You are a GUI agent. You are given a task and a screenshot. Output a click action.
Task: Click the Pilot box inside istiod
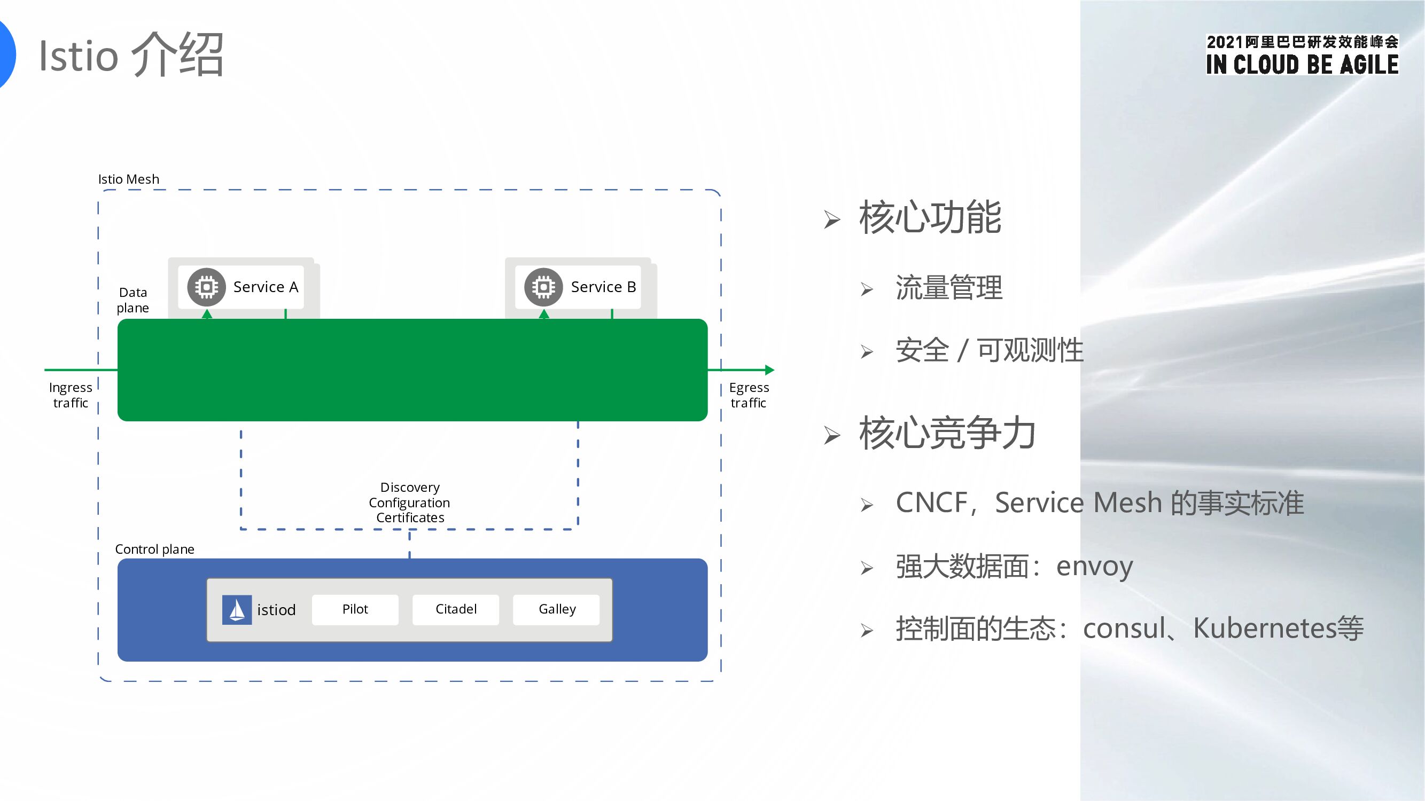point(355,609)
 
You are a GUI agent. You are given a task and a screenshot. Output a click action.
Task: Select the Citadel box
point(455,609)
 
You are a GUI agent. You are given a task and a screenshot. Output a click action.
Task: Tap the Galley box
point(556,609)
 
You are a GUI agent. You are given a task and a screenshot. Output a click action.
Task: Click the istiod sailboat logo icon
point(237,610)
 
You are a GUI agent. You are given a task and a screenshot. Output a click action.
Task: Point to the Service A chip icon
point(206,287)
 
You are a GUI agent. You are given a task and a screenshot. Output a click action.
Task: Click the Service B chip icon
point(543,287)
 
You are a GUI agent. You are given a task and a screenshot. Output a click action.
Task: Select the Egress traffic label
point(749,395)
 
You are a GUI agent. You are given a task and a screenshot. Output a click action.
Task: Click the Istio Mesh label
point(128,179)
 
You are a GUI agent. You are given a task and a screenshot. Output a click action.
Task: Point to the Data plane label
point(133,300)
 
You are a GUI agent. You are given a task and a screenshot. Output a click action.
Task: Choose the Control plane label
point(154,549)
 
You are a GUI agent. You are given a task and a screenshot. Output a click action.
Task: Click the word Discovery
point(410,488)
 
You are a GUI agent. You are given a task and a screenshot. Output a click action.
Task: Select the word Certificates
point(410,518)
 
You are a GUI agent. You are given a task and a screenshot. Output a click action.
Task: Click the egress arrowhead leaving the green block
point(769,370)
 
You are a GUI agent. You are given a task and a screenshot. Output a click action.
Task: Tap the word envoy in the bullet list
point(1094,566)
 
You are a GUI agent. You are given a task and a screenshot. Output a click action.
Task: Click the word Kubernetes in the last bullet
point(1264,628)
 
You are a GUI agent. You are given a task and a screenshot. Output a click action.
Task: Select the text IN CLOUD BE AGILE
point(1302,65)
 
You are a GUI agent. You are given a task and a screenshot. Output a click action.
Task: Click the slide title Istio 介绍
point(131,56)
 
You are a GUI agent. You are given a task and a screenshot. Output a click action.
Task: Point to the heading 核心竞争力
point(946,433)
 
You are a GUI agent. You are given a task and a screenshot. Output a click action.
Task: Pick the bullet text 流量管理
point(949,288)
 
